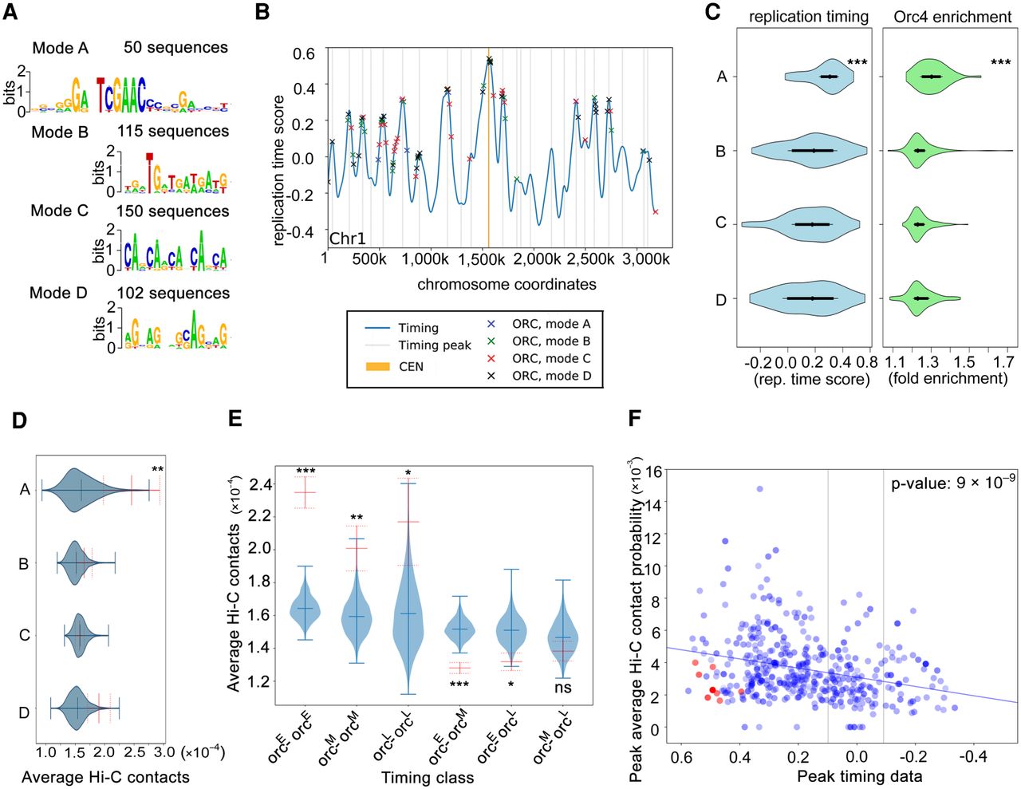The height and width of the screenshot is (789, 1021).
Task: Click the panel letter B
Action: click(261, 12)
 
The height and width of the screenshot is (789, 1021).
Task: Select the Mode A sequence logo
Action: click(128, 93)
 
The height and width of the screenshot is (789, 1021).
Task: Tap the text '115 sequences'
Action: click(173, 131)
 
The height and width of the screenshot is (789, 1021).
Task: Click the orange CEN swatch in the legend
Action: click(377, 367)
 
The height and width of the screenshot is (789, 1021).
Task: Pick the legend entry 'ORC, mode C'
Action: click(551, 358)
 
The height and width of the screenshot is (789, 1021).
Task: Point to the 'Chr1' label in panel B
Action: click(347, 239)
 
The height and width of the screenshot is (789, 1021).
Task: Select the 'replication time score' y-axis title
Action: click(278, 170)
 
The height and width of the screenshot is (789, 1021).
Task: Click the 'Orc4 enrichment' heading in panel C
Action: click(952, 17)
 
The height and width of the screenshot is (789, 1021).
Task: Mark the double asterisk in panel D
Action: click(158, 470)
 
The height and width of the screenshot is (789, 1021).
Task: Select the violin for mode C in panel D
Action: click(78, 635)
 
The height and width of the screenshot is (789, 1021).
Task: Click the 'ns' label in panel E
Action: click(563, 687)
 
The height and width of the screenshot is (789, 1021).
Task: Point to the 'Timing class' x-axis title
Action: click(427, 777)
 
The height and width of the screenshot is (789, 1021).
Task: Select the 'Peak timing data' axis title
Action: click(859, 776)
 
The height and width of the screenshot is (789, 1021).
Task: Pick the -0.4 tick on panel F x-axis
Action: click(975, 755)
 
